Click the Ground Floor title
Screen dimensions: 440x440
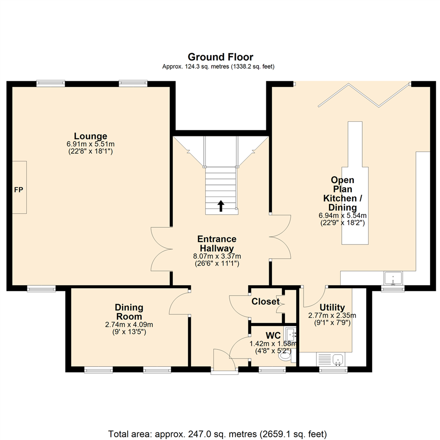[x=220, y=57]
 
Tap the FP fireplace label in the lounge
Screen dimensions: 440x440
[x=18, y=190]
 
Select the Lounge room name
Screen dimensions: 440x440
[x=90, y=136]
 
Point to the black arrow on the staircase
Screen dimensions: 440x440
[x=220, y=206]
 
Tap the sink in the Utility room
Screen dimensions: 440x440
[x=337, y=359]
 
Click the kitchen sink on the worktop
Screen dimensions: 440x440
[x=393, y=278]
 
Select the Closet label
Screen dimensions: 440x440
[x=266, y=301]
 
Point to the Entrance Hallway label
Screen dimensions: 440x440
[x=216, y=244]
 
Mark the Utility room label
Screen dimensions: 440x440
[x=332, y=307]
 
